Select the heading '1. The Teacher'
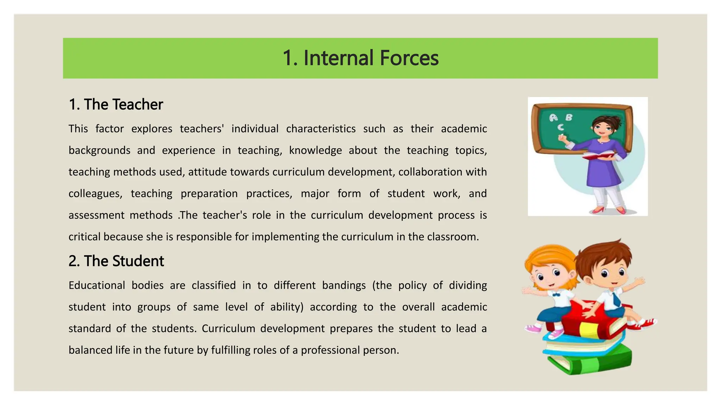[116, 104]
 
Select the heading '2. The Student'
[116, 261]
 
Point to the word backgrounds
[99, 150]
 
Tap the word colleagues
[95, 194]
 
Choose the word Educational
[97, 285]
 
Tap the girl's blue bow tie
[556, 295]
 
